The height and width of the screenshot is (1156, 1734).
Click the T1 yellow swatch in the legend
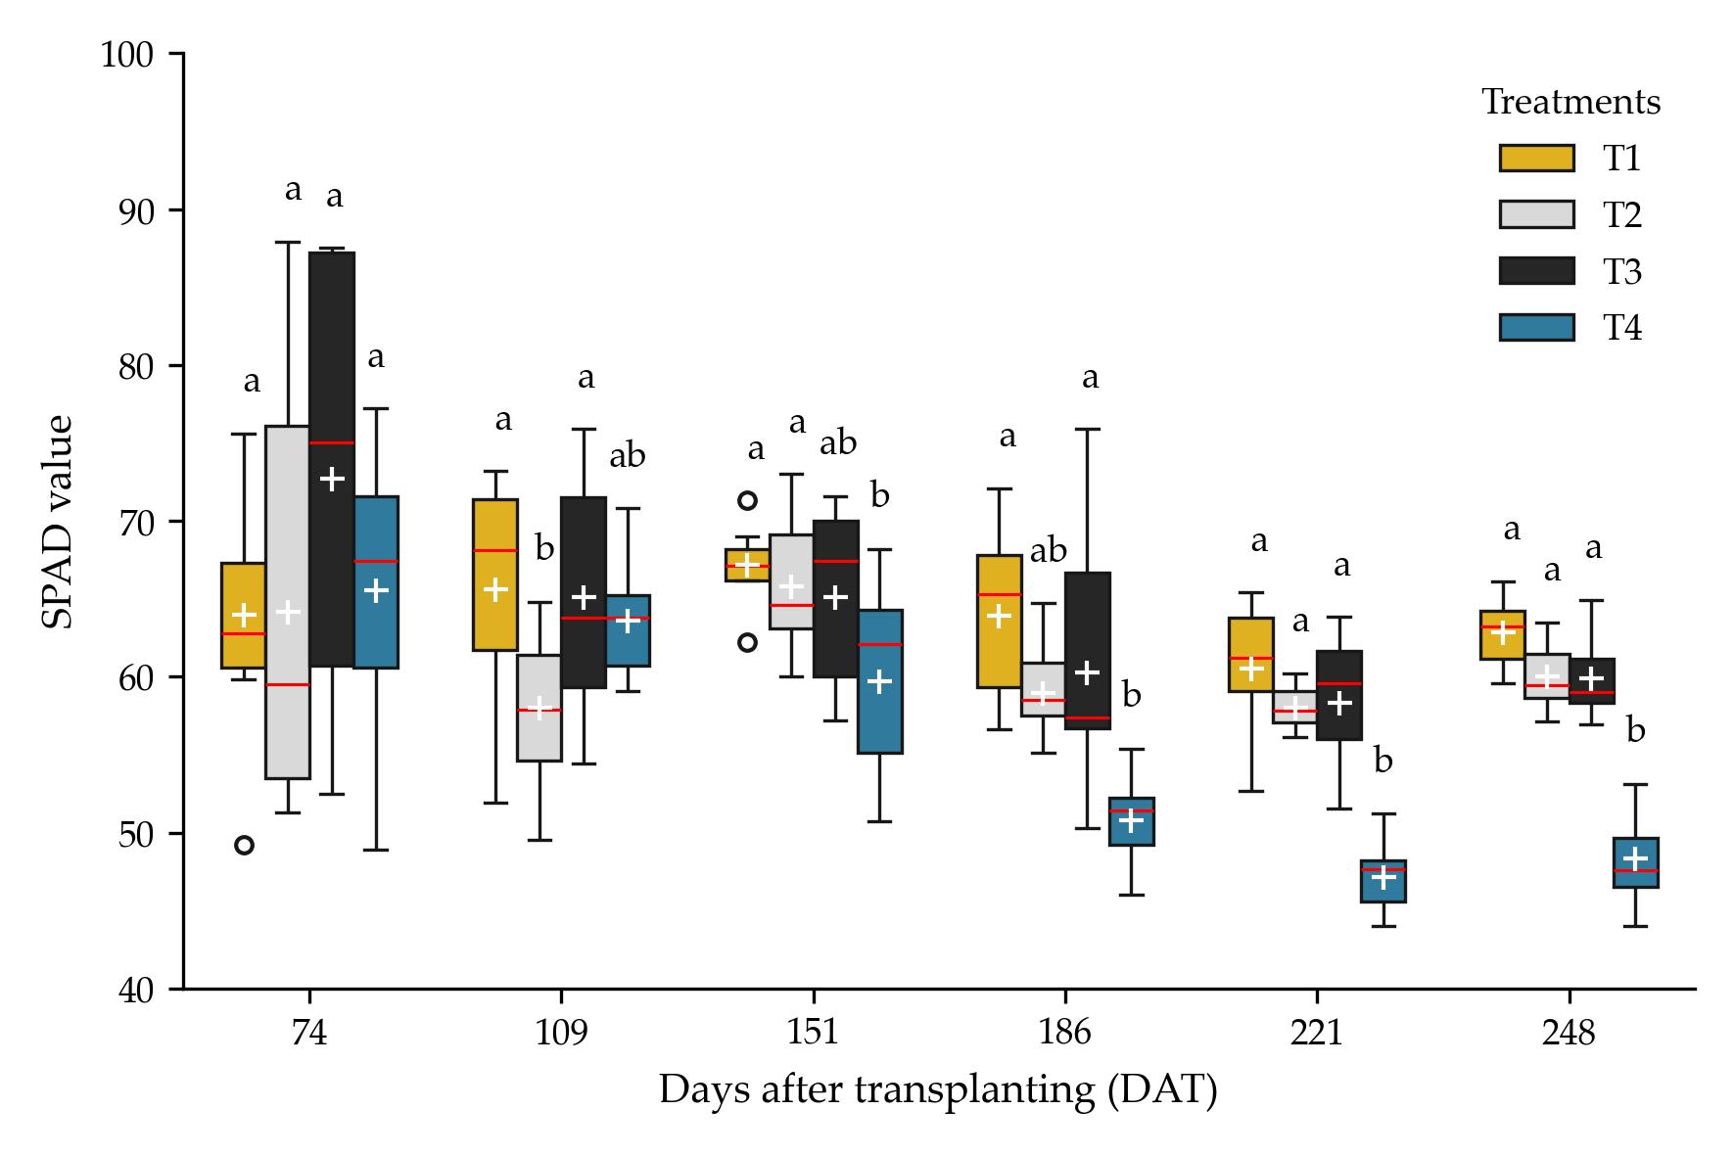[x=1536, y=159]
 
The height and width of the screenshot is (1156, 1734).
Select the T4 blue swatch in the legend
[x=1536, y=327]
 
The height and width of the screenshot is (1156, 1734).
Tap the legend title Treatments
[x=1570, y=103]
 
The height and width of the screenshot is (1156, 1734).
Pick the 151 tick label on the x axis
[x=813, y=1034]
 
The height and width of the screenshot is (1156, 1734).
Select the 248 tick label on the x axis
[x=1569, y=1034]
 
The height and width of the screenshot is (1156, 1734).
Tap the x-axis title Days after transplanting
[x=937, y=1090]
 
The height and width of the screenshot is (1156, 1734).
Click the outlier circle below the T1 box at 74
[x=245, y=845]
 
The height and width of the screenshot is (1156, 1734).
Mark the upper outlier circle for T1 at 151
[x=747, y=500]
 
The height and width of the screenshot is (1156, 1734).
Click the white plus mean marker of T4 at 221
[x=1383, y=877]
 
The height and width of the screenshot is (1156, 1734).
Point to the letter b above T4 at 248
[x=1635, y=731]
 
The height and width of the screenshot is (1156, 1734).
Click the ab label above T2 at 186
[x=1048, y=552]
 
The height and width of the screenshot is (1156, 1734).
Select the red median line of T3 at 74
[x=332, y=443]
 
